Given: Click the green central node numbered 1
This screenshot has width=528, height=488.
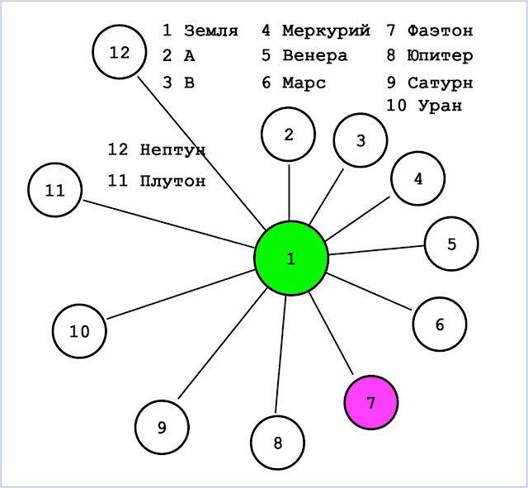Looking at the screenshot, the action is [x=291, y=258].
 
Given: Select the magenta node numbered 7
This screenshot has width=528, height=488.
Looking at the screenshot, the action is [x=371, y=402].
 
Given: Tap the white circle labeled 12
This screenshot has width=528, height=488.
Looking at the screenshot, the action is [x=120, y=52].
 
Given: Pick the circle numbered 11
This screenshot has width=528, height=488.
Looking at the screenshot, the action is [x=55, y=190].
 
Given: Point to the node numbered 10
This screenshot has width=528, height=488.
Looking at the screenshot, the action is [x=79, y=331].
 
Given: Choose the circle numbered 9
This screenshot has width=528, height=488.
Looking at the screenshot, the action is [x=162, y=428].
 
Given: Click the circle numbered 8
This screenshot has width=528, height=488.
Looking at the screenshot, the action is [x=278, y=443].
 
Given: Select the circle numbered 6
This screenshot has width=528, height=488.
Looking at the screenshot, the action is [x=440, y=325].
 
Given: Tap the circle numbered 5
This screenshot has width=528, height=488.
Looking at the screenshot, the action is [x=451, y=244].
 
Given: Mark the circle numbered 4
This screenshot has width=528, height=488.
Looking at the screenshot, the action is [x=418, y=178].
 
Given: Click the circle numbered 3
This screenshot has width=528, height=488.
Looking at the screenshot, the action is [x=361, y=140].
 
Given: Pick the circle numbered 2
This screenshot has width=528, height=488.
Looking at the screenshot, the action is [x=288, y=135].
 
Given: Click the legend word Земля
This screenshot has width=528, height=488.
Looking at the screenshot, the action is [x=211, y=31].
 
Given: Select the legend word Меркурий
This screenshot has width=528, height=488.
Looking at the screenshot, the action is [x=327, y=31].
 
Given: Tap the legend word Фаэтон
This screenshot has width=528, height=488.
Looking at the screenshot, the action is [x=441, y=31].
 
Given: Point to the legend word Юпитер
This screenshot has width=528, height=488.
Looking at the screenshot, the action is [x=440, y=56].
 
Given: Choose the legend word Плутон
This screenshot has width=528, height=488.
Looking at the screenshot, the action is [x=172, y=181].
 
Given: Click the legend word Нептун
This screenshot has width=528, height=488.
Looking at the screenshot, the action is [x=172, y=149].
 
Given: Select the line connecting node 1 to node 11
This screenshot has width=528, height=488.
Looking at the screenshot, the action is [x=169, y=224].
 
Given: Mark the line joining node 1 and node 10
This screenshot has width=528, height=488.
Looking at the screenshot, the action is [x=181, y=294].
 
